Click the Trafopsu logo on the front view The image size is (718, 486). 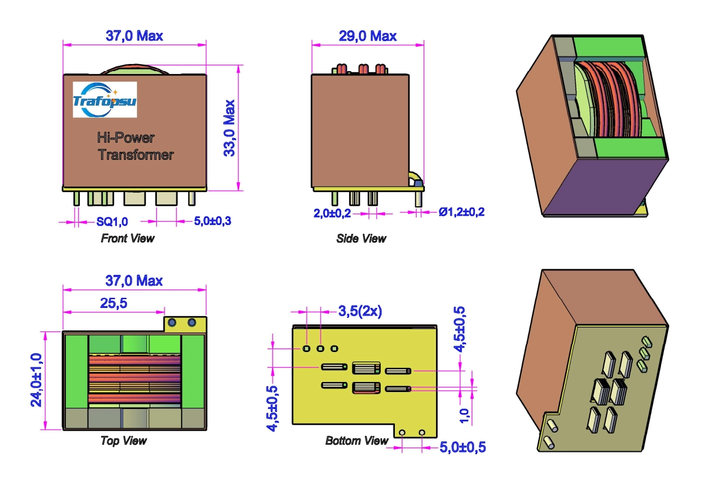(105, 99)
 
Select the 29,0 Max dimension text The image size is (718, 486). (368, 36)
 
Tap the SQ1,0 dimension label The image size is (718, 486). (112, 222)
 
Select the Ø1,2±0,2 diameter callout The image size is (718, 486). (462, 212)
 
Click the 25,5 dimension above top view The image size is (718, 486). (113, 303)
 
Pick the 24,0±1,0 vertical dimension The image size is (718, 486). (36, 380)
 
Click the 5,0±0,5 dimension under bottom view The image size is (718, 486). (463, 447)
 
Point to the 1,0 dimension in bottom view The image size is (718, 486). (464, 414)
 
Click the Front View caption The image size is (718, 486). (128, 239)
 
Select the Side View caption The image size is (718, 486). (361, 239)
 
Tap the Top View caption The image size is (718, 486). (123, 440)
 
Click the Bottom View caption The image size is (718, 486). (357, 440)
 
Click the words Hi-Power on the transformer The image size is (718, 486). (126, 138)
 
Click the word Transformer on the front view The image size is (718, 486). (136, 155)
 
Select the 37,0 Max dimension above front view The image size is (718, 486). (134, 36)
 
